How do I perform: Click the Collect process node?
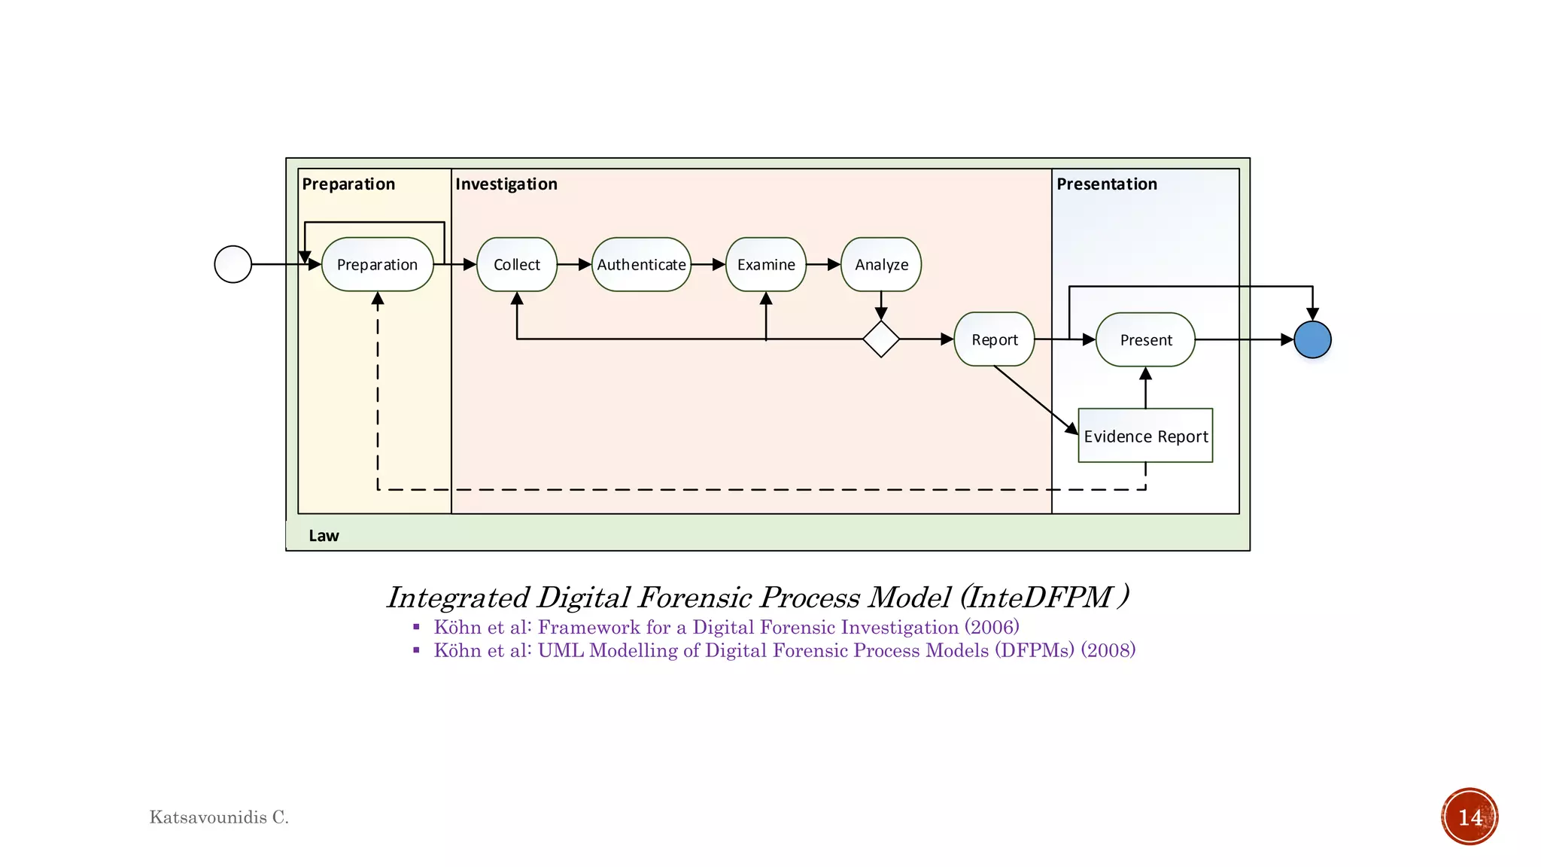pos(517,264)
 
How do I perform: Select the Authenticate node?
pos(641,264)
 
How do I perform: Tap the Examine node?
pos(766,264)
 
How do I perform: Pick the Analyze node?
pos(881,264)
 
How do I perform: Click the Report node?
pos(994,339)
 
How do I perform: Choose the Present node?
pos(1145,339)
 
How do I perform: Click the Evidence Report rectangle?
pos(1145,436)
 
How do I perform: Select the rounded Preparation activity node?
pos(377,264)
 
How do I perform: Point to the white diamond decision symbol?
pos(881,339)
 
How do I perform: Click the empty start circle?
pos(233,264)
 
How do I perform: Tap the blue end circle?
pos(1312,339)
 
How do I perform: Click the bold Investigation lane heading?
pos(506,184)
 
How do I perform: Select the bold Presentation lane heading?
pos(1107,184)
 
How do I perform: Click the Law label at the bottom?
pos(324,535)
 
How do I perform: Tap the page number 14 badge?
pos(1470,817)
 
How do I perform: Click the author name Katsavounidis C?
pos(219,817)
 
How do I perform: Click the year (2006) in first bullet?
pos(992,627)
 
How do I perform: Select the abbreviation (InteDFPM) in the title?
pos(1044,598)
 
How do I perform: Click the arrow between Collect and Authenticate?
pos(574,264)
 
